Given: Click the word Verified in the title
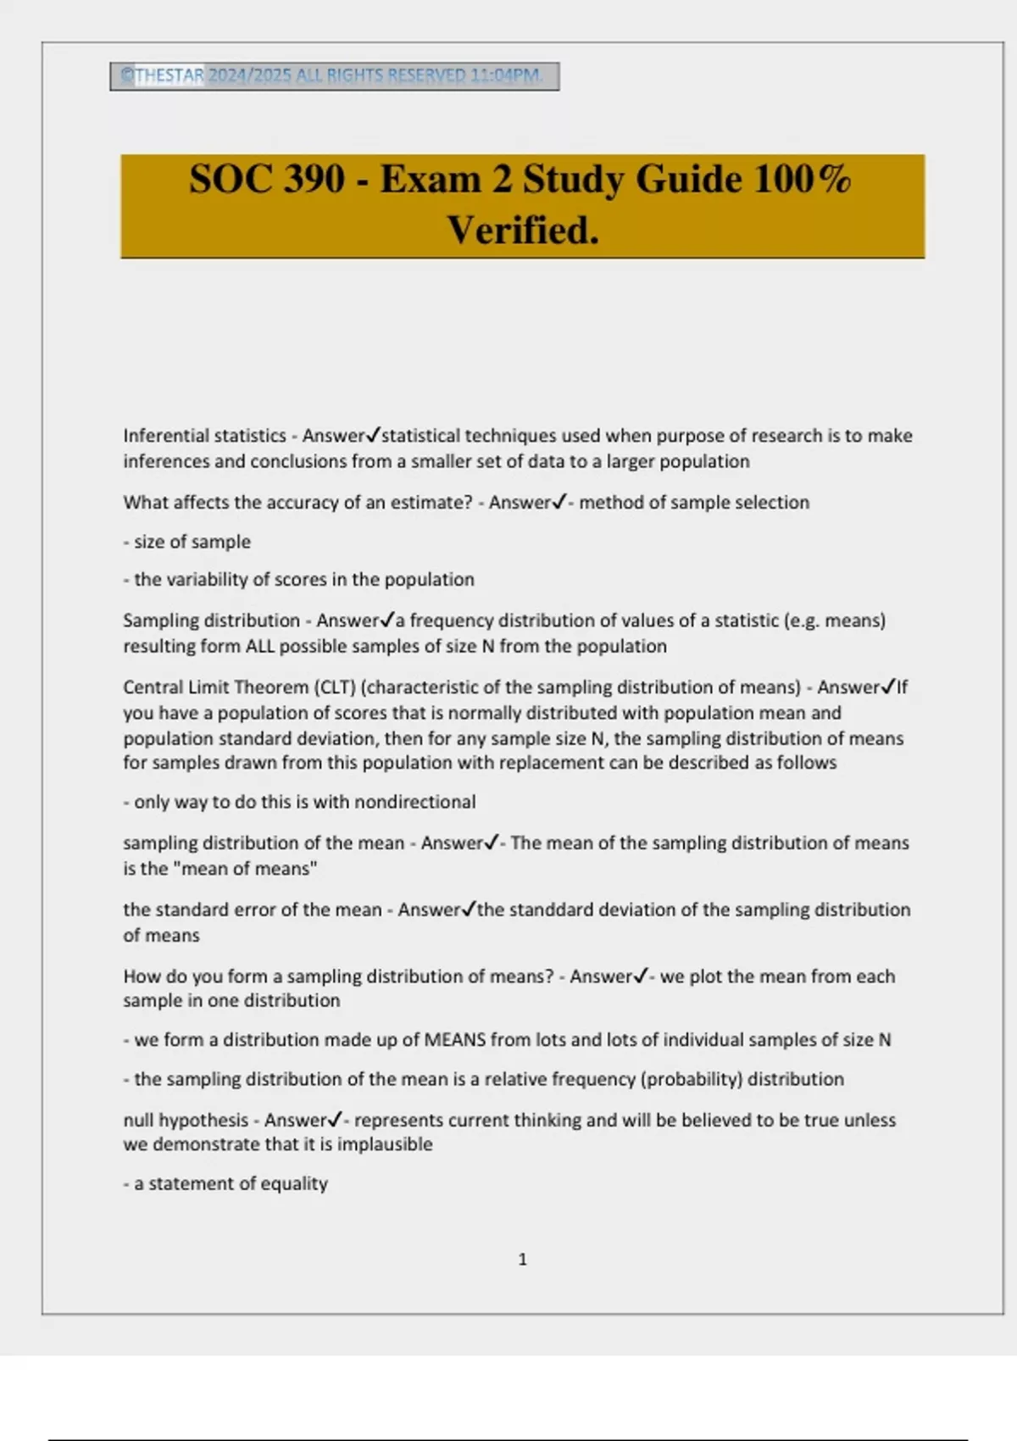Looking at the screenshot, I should [x=523, y=230].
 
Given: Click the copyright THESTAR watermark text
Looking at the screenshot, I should [x=169, y=75].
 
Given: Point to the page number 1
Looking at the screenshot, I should [x=522, y=1260].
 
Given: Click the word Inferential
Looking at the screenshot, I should [x=162, y=436].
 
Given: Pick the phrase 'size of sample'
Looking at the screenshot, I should [x=192, y=542].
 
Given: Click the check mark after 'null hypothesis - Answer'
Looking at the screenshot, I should [x=335, y=1120].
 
